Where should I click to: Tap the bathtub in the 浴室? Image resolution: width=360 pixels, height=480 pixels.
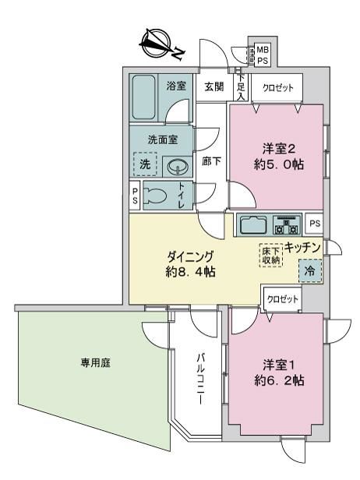pyautogui.click(x=143, y=97)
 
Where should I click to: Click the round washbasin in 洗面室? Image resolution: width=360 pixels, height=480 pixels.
pyautogui.click(x=178, y=167)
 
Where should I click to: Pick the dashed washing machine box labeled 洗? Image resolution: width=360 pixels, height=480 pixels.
pyautogui.click(x=145, y=164)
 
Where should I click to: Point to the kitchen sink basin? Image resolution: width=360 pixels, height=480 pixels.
pyautogui.click(x=253, y=225)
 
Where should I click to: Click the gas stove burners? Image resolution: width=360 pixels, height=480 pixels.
pyautogui.click(x=287, y=225)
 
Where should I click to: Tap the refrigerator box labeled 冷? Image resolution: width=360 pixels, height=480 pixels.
pyautogui.click(x=310, y=270)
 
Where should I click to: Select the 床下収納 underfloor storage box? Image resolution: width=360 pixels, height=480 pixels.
pyautogui.click(x=271, y=256)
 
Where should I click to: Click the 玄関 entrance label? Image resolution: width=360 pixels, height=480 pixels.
pyautogui.click(x=214, y=87)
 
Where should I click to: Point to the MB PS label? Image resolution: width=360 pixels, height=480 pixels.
pyautogui.click(x=262, y=55)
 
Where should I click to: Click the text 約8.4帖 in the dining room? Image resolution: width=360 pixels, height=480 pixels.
pyautogui.click(x=190, y=272)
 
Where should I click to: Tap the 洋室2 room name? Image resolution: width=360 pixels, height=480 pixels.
pyautogui.click(x=279, y=149)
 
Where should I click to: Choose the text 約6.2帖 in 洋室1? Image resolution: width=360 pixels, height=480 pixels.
pyautogui.click(x=279, y=380)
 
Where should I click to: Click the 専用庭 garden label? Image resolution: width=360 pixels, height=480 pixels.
pyautogui.click(x=96, y=363)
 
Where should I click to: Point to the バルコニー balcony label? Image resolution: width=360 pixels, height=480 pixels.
pyautogui.click(x=201, y=379)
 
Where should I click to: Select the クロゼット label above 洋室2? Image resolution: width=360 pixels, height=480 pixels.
pyautogui.click(x=278, y=88)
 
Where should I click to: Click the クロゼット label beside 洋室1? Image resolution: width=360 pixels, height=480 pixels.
pyautogui.click(x=283, y=299)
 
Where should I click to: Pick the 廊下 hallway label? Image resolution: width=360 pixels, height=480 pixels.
pyautogui.click(x=211, y=161)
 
